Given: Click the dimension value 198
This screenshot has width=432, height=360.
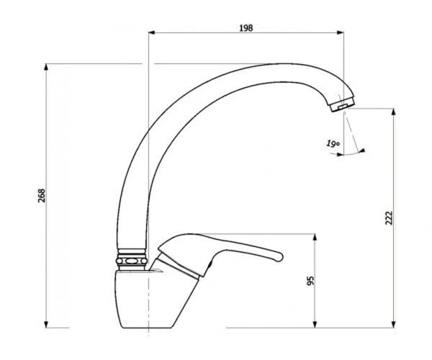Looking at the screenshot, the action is click(x=246, y=28).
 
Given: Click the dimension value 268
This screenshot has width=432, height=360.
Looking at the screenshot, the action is click(x=42, y=196).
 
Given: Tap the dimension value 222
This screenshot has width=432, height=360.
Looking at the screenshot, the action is click(x=389, y=218).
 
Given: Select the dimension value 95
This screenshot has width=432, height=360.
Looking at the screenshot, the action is click(x=310, y=281).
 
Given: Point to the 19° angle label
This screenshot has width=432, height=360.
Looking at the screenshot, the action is click(x=333, y=143).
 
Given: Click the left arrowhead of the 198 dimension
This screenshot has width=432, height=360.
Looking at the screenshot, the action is click(x=151, y=33).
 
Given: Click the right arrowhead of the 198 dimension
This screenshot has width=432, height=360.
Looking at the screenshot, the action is click(x=341, y=33).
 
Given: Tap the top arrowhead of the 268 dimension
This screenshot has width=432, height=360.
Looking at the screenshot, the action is click(x=46, y=67).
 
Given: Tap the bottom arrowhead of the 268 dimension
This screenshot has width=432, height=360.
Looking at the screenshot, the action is click(x=46, y=325).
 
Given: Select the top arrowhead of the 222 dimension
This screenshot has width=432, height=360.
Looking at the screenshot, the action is click(x=394, y=112).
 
